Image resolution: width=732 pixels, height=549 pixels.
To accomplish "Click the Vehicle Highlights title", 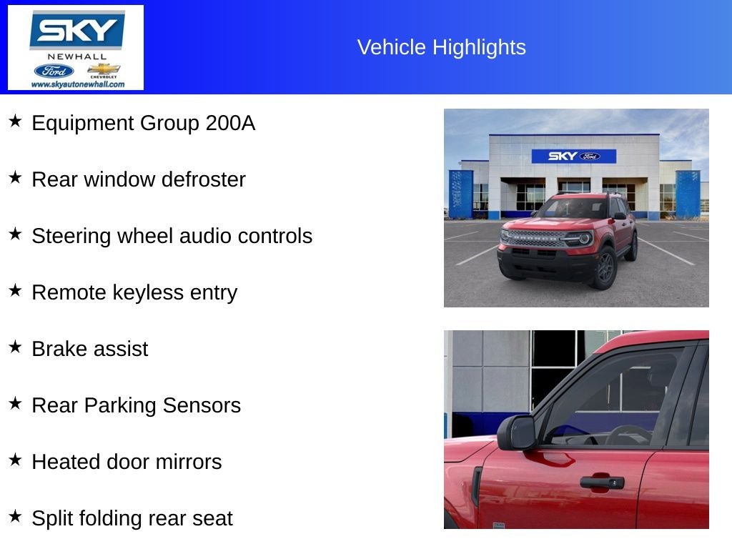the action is [441, 47].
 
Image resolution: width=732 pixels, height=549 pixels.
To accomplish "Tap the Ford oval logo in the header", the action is [54, 71].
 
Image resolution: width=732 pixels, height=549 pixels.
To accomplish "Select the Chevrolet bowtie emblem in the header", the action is [104, 69].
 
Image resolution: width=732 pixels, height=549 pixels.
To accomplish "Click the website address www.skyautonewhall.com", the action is [78, 84].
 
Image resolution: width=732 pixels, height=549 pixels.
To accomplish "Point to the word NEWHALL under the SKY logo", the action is [77, 56].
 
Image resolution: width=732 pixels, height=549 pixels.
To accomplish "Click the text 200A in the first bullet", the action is [230, 123].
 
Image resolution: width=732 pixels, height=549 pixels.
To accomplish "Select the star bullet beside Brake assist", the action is [16, 347].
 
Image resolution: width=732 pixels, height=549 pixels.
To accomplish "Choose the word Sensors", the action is [202, 405].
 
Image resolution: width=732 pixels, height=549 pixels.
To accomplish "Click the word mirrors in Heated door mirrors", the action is [189, 462].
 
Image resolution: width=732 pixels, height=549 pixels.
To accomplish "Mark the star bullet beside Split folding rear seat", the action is [16, 516].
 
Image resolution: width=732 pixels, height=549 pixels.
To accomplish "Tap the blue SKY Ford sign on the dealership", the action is [574, 156].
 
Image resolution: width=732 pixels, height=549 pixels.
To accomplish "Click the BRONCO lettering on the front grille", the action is [535, 238].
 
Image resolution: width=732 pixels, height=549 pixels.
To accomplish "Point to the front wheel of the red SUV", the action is [605, 269].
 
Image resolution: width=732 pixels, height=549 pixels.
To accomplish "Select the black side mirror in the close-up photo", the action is [516, 432].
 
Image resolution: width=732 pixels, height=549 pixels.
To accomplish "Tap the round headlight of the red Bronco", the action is [583, 239].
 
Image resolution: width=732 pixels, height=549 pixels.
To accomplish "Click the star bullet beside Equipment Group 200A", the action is [16, 122].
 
